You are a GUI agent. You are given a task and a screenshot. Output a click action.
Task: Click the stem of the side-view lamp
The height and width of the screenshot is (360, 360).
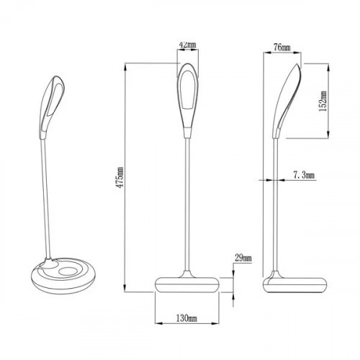pyautogui.click(x=274, y=209)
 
